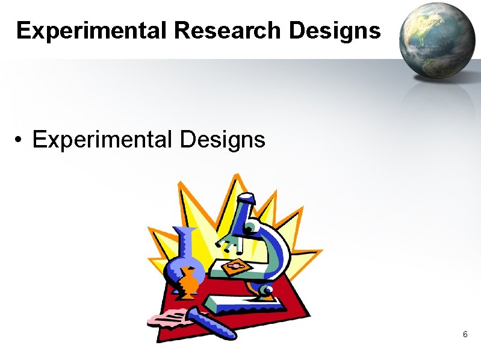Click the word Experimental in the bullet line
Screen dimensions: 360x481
tap(102, 140)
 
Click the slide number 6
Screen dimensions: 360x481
tap(465, 334)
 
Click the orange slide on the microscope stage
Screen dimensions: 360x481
tap(235, 265)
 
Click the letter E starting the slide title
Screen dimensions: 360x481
tap(23, 30)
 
